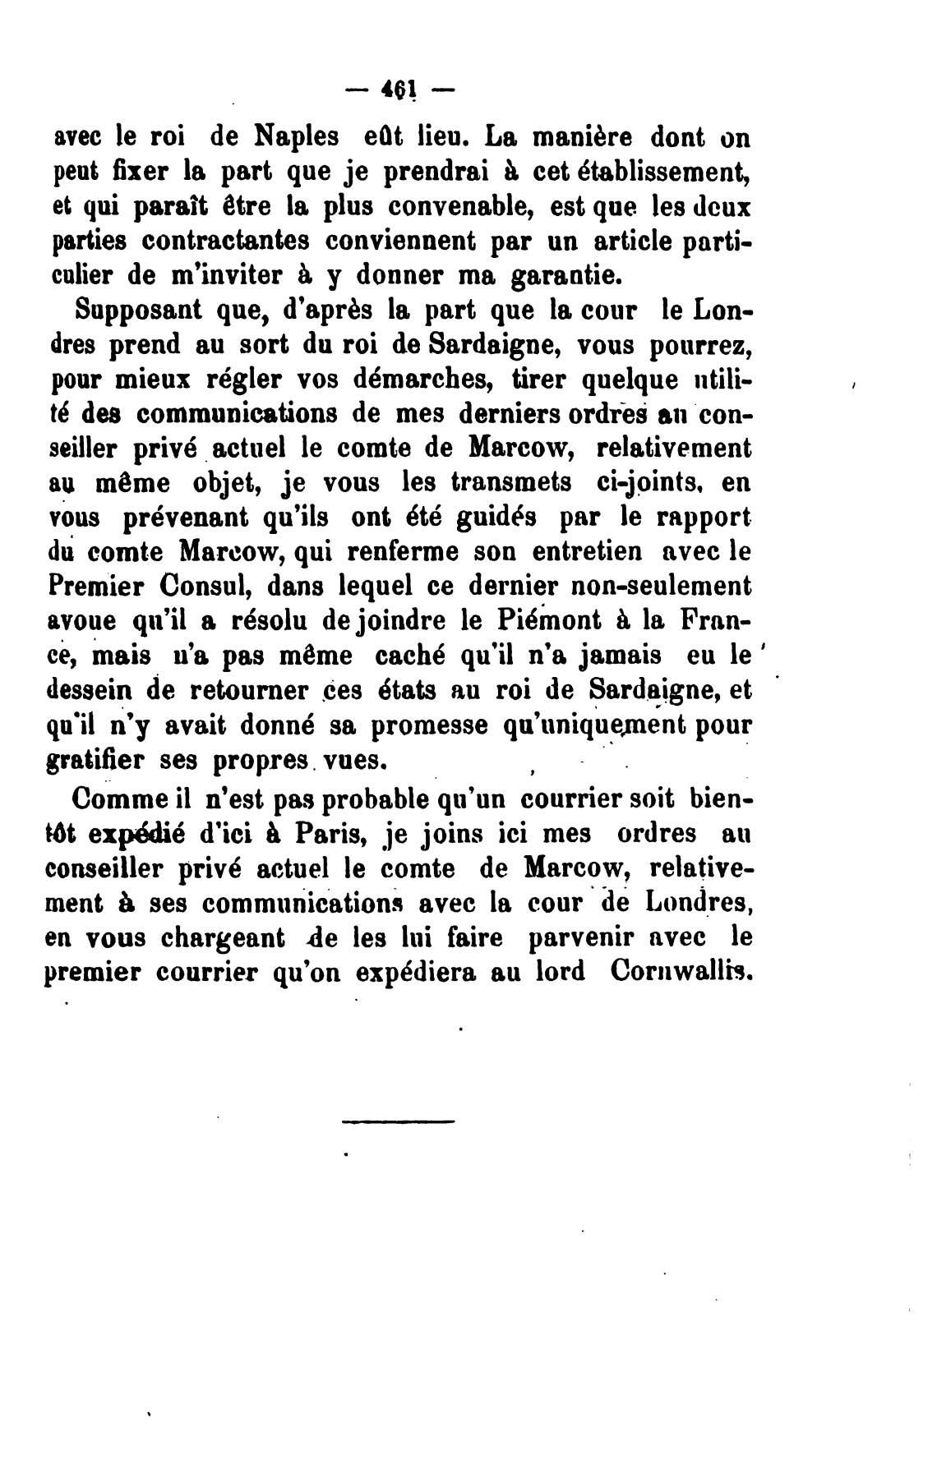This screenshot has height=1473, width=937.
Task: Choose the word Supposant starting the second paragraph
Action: (x=137, y=312)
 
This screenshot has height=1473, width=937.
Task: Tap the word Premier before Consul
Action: (x=95, y=587)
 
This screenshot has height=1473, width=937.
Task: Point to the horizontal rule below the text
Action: (x=398, y=1121)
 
